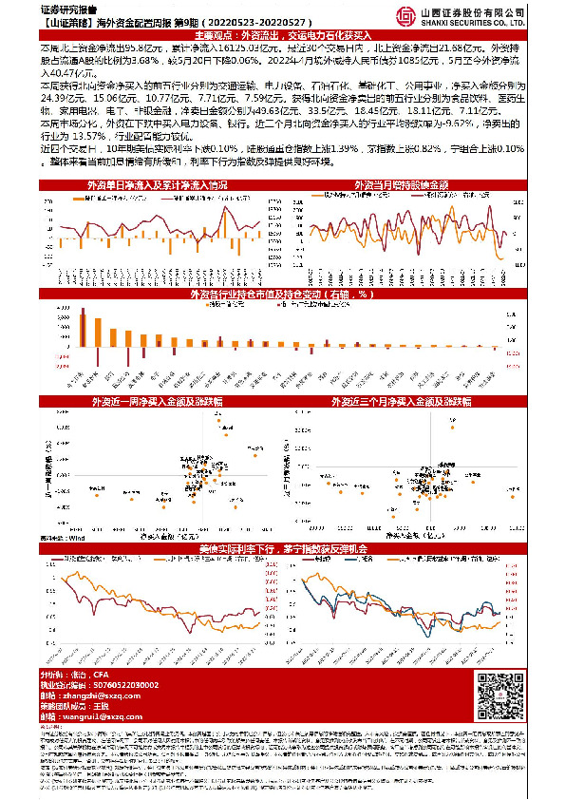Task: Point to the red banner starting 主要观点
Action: [282, 35]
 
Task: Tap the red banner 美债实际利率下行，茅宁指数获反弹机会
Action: [282, 549]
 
